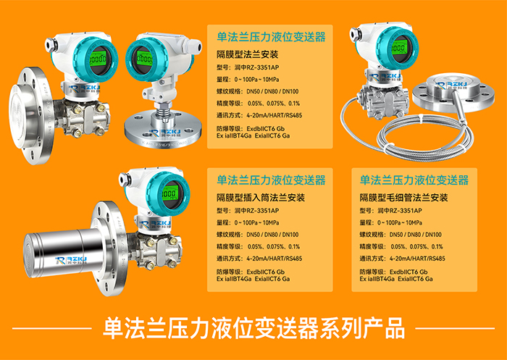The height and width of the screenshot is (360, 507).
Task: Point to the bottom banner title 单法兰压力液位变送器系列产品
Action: [253, 328]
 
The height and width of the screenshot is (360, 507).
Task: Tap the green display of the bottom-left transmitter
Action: [170, 193]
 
